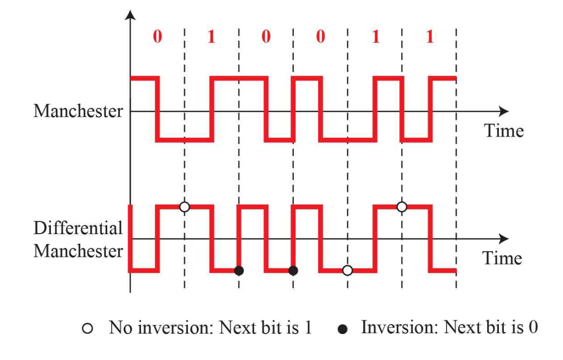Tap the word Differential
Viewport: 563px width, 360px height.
click(x=78, y=228)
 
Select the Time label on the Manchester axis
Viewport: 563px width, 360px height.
click(x=504, y=130)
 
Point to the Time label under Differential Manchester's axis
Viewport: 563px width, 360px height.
click(x=502, y=258)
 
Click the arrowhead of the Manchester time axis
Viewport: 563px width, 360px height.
click(x=504, y=111)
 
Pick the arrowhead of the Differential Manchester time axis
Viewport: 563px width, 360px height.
click(x=504, y=239)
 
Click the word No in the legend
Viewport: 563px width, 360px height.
click(x=119, y=328)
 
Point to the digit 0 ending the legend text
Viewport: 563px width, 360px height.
click(x=533, y=327)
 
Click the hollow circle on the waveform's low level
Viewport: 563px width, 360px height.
click(x=347, y=270)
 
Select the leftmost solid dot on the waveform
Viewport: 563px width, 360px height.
click(x=239, y=270)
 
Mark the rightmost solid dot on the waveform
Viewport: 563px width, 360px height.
click(x=293, y=270)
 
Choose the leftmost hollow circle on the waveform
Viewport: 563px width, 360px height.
click(x=184, y=207)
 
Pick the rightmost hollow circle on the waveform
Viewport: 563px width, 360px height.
click(x=401, y=207)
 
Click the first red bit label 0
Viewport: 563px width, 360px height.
click(x=157, y=38)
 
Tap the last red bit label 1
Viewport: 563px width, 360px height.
click(x=429, y=38)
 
